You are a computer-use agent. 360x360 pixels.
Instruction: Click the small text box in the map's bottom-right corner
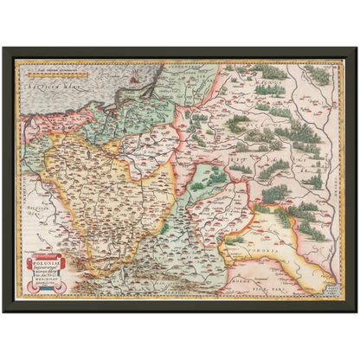333,293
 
